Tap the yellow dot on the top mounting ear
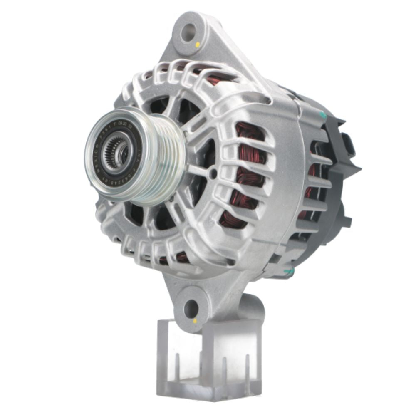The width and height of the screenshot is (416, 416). pos(197,44)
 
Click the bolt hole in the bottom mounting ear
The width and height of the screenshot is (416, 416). pos(191,308)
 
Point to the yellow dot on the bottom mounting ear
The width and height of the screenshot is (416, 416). pos(195,321)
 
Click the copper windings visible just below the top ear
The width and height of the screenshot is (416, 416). pos(216,79)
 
